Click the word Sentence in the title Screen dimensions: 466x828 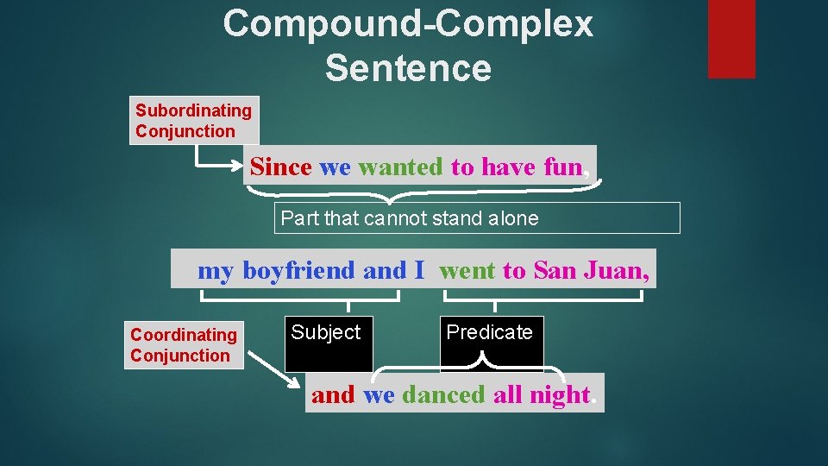[x=408, y=67]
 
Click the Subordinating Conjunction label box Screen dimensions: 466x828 [x=194, y=120]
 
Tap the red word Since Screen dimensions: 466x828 [x=280, y=167]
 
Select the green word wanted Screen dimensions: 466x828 [x=399, y=167]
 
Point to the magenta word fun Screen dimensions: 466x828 [x=563, y=167]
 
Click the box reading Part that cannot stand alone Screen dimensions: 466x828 [x=477, y=218]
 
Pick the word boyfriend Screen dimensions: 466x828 [x=298, y=270]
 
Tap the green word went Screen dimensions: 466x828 [x=467, y=270]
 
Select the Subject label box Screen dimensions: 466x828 [x=329, y=343]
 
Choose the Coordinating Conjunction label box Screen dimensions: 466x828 [x=184, y=345]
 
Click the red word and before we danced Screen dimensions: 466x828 [x=333, y=395]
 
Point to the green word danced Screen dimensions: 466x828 [x=443, y=395]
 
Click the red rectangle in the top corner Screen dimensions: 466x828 [x=731, y=39]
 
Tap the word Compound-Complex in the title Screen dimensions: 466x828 [x=408, y=24]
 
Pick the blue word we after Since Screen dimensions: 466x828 [x=335, y=167]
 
